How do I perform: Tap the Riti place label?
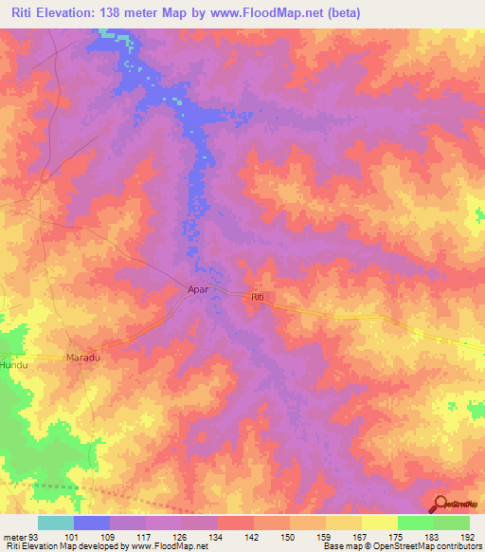[x=258, y=298]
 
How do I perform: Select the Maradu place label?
[x=82, y=358]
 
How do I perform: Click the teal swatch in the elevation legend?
[x=56, y=523]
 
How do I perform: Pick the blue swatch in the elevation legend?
[x=92, y=523]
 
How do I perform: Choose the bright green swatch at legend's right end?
[x=452, y=523]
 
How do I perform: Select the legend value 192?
[x=469, y=536]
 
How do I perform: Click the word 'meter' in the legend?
[x=15, y=536]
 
